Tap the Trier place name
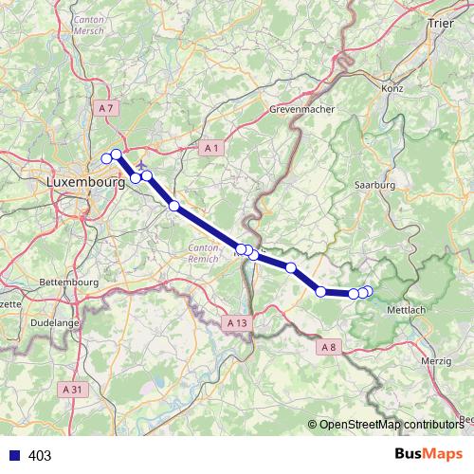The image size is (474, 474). click(x=441, y=22)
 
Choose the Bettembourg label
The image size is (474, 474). click(x=69, y=283)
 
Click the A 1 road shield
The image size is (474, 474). click(x=211, y=149)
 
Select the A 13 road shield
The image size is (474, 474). click(x=237, y=323)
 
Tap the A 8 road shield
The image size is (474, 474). click(x=329, y=348)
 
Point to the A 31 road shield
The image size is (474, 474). click(x=70, y=389)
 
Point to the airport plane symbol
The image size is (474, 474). click(x=142, y=152)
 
